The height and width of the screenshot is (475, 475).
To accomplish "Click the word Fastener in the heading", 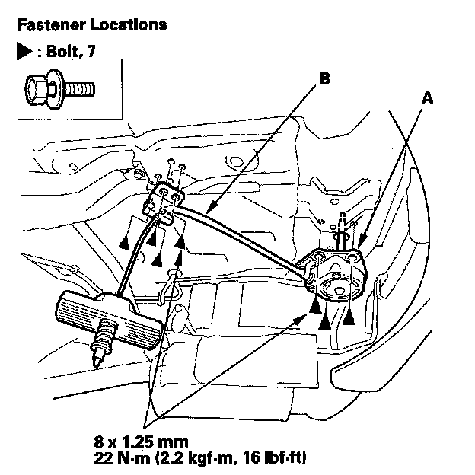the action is coord(52,24).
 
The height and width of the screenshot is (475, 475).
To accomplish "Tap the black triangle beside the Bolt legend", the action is coord(24,51).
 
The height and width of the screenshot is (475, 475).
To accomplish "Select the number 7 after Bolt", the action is coord(91,51).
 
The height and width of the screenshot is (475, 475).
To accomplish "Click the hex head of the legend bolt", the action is coord(36,90).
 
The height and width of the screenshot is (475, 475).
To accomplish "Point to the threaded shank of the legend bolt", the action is coord(80,90).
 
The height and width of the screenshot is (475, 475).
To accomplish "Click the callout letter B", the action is coord(324,78).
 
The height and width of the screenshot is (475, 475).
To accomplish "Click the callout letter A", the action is coord(427,98).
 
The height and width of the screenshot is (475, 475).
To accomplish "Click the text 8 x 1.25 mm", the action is coord(141,442).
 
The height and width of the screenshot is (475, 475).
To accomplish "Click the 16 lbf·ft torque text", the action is coord(270,457).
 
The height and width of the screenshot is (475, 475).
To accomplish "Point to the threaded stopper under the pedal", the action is coord(104,343).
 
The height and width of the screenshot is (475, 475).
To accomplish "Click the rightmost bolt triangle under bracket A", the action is coord(349,317).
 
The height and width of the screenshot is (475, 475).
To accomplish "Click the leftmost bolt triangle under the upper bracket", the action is coord(124,243).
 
